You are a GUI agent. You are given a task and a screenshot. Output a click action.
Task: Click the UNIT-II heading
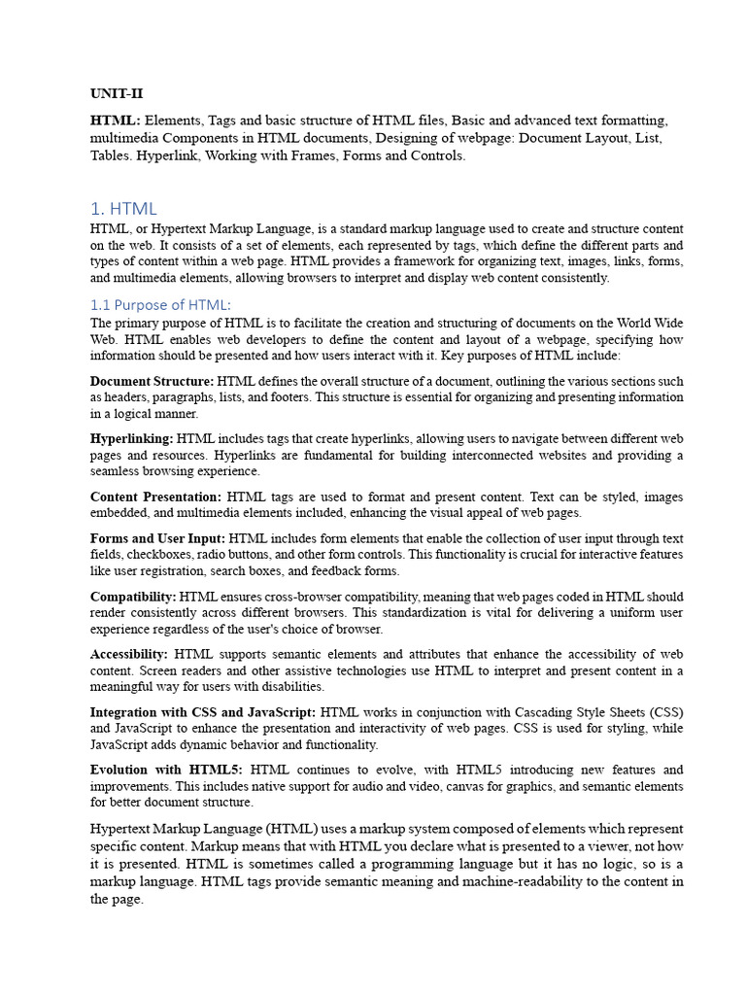117,94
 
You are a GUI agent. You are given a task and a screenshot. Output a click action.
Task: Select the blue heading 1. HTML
123,209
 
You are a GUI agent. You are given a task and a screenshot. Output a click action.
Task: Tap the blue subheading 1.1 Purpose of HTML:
161,304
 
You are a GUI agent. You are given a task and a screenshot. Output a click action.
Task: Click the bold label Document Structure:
152,382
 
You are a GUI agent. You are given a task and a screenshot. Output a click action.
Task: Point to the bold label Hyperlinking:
132,439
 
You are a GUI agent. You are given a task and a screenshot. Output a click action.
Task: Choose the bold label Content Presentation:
155,497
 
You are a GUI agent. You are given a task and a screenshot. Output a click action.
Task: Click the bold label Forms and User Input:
157,538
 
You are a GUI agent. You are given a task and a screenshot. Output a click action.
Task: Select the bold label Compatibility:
133,597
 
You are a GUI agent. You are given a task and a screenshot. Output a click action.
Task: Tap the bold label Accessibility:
129,654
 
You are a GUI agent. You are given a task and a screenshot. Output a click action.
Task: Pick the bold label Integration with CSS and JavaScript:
203,712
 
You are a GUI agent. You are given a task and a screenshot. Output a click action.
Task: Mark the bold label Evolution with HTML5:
165,770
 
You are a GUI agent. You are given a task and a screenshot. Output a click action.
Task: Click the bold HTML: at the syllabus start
115,120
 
